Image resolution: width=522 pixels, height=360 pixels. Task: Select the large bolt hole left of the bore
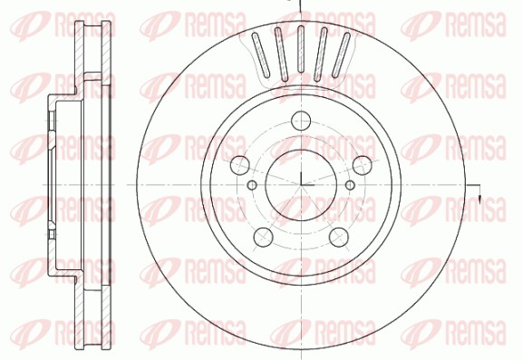240,166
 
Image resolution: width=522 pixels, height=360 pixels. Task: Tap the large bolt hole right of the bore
362,165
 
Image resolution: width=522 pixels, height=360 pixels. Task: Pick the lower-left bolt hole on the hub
264,237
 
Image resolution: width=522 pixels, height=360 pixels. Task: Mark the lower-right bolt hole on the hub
339,237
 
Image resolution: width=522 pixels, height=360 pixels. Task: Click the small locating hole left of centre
253,184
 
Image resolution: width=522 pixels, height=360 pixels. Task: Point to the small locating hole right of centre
350,184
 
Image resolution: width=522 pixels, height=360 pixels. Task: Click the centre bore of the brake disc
301,185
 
